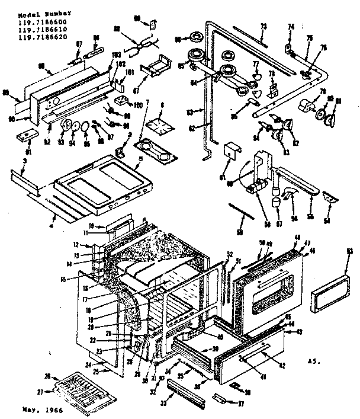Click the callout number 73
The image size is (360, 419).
click(263, 27)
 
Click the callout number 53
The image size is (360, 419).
click(349, 252)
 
